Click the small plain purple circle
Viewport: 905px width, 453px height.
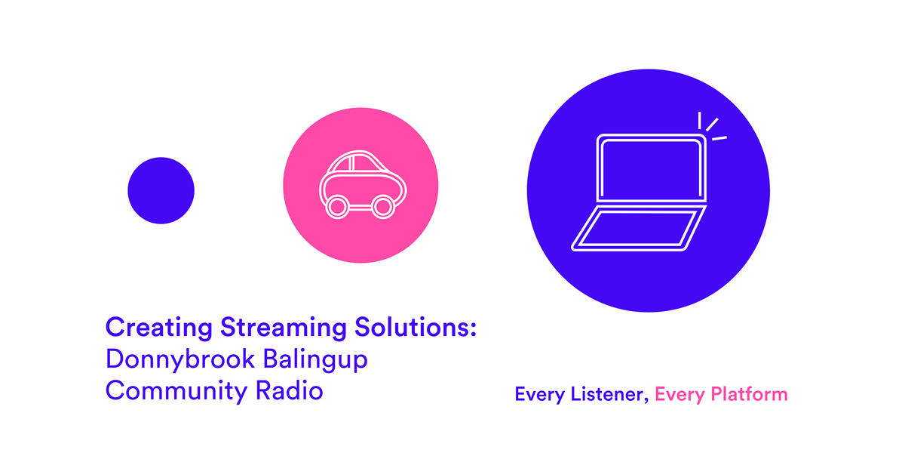[161, 190]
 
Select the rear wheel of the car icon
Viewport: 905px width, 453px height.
[337, 206]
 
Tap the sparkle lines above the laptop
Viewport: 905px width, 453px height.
[711, 127]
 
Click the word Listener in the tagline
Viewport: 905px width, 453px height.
[606, 394]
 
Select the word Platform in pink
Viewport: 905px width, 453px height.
[746, 394]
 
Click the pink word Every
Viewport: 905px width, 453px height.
[676, 394]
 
